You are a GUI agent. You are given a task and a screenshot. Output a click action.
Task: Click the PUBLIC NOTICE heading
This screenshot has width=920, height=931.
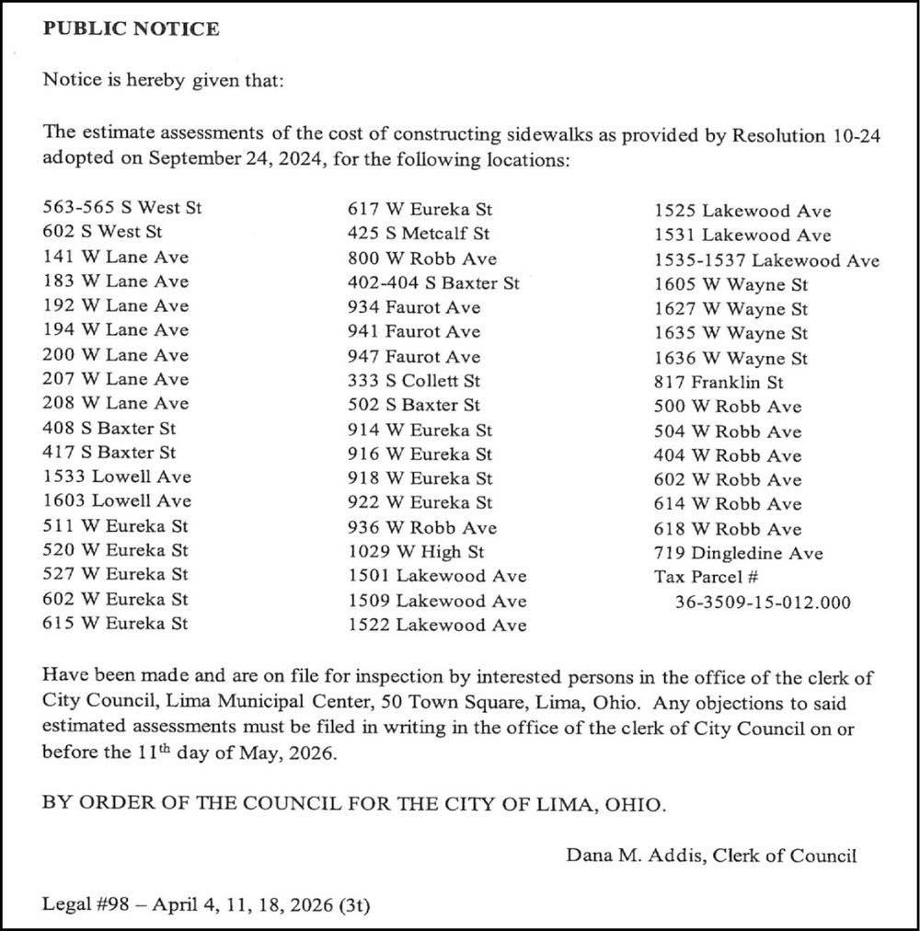point(131,29)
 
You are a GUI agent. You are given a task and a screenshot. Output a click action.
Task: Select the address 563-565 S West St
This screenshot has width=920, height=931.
point(121,207)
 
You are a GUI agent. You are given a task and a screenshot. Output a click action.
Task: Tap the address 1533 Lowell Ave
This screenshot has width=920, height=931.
point(117,477)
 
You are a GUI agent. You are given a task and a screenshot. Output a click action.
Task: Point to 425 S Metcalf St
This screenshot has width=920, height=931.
point(419,234)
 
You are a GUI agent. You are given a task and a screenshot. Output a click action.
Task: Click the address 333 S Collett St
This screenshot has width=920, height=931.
point(414,380)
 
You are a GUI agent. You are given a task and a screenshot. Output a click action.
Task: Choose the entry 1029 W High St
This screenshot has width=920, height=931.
point(416,552)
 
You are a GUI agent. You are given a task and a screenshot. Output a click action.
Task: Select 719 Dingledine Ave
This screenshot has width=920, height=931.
point(738,553)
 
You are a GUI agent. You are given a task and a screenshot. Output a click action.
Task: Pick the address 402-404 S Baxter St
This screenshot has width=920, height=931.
point(433,283)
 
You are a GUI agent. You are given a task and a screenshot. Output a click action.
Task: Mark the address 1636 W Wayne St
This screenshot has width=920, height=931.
point(730,358)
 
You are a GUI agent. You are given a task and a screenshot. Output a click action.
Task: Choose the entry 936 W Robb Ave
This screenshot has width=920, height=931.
point(421,527)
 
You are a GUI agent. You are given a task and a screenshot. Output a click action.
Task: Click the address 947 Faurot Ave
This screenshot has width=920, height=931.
point(414,356)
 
